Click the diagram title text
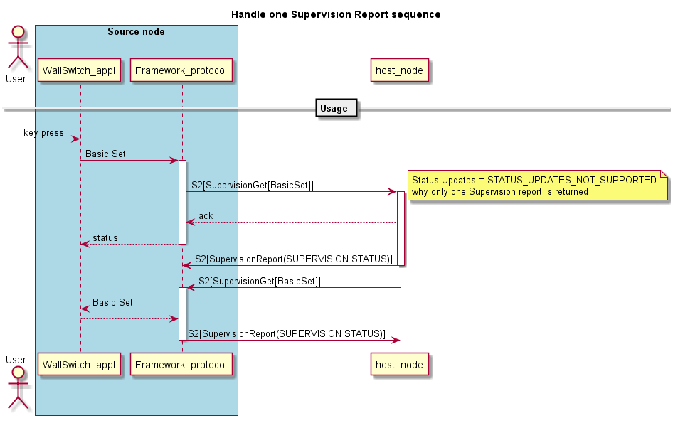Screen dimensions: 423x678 point(336,14)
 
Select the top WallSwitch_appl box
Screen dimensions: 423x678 point(80,70)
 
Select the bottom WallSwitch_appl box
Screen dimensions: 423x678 point(80,365)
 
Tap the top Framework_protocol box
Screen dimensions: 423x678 point(181,70)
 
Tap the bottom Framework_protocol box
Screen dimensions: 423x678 point(181,365)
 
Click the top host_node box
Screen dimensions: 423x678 point(400,70)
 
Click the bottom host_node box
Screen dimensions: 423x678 point(400,365)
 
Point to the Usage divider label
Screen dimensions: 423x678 point(334,109)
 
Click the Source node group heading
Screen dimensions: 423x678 point(136,32)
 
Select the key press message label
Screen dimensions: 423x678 point(43,133)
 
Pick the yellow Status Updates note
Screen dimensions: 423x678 point(537,186)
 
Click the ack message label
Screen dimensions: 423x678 point(206,216)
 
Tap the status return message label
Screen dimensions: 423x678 point(105,238)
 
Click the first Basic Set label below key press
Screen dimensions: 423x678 point(105,154)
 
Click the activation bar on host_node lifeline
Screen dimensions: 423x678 point(401,228)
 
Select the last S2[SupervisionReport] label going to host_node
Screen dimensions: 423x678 point(287,333)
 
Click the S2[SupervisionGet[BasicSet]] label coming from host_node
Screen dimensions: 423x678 point(260,282)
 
